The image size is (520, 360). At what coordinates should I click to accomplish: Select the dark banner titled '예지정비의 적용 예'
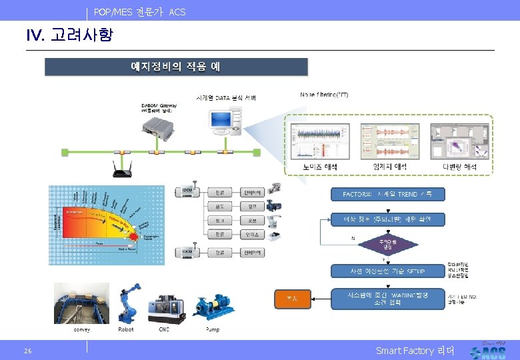[176, 67]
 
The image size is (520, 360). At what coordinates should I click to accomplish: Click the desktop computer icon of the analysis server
[224, 122]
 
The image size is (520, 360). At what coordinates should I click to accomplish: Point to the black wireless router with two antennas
[121, 170]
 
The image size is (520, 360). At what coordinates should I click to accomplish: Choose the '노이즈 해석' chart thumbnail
[319, 140]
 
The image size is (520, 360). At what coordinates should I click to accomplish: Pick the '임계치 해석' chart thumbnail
[387, 140]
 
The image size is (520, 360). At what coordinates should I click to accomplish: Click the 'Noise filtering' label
[324, 95]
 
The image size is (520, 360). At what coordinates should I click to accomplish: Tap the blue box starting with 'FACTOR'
[388, 194]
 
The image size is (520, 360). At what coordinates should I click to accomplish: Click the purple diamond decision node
[387, 244]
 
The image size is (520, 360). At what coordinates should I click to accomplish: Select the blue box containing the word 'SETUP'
[388, 271]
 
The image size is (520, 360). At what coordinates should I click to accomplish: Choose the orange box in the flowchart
[292, 298]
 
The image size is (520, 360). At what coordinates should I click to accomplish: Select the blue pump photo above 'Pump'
[213, 307]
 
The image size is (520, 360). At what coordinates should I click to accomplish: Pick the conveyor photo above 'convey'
[81, 303]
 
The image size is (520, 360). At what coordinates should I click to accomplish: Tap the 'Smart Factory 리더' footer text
[414, 351]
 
